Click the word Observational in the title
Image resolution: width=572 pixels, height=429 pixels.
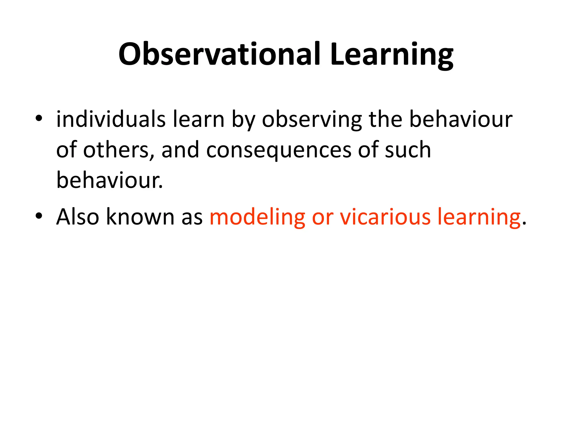(x=219, y=54)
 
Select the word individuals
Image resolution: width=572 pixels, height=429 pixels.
(x=111, y=120)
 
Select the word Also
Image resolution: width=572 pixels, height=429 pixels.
(x=78, y=217)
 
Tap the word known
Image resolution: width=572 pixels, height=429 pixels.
(x=140, y=217)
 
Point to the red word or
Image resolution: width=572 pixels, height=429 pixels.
(x=323, y=217)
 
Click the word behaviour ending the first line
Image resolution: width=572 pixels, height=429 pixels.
(x=461, y=120)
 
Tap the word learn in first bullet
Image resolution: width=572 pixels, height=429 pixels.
(x=199, y=120)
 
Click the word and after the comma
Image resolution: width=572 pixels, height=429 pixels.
(x=180, y=150)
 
